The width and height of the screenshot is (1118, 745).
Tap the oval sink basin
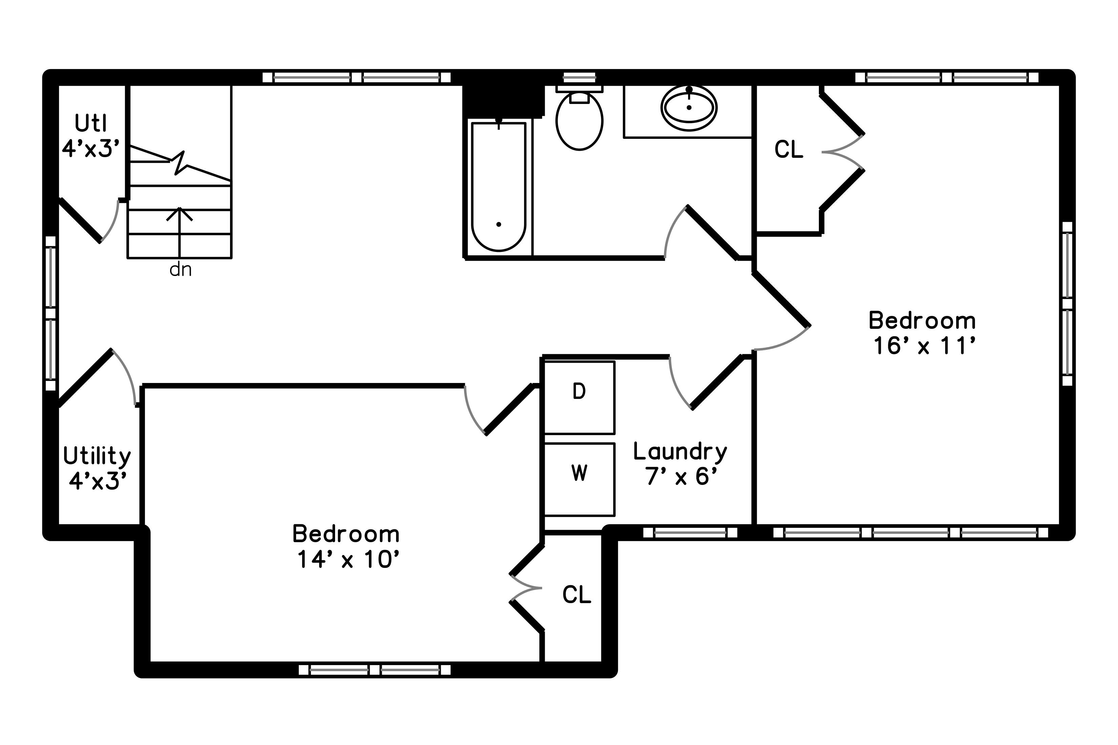click(689, 108)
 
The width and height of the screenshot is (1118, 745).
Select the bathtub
click(499, 186)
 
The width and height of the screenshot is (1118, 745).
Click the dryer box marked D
click(579, 398)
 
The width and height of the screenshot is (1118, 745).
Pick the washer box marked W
click(579, 480)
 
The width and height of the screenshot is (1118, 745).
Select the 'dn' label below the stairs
click(181, 270)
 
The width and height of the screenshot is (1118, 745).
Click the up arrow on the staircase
click(179, 233)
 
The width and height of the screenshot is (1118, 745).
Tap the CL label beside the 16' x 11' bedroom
click(789, 150)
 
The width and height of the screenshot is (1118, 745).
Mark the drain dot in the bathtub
click(499, 224)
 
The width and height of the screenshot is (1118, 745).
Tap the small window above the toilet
click(579, 78)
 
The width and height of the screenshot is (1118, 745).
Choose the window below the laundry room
click(690, 533)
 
